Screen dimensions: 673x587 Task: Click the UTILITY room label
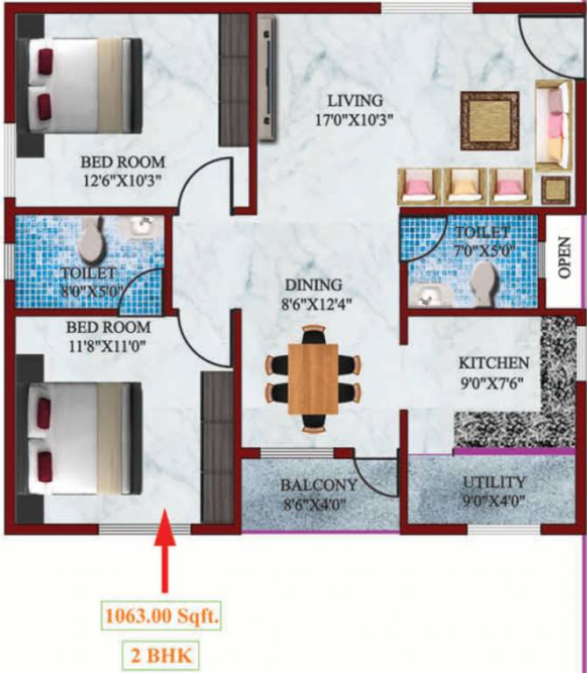click(x=494, y=482)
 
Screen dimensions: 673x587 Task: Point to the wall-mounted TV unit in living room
click(x=266, y=79)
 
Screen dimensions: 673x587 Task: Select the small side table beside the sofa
click(x=554, y=189)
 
